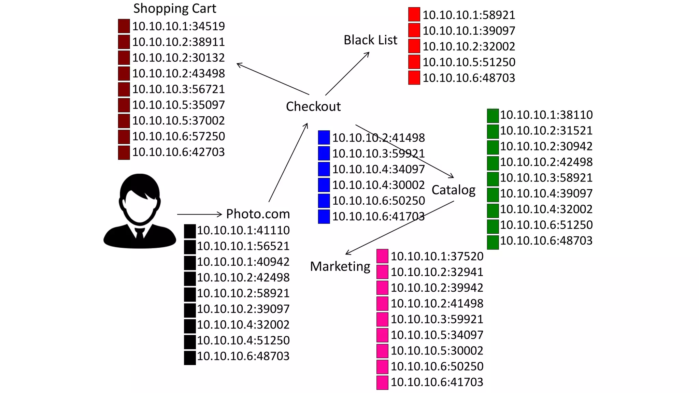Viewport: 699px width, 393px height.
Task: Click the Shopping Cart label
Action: (x=174, y=9)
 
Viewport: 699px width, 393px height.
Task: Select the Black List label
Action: (x=370, y=40)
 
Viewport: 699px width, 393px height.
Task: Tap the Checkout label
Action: (x=313, y=106)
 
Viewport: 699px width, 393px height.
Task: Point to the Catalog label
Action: (x=453, y=190)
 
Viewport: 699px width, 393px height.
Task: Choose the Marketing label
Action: (x=340, y=266)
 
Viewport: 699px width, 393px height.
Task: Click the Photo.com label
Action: (x=258, y=214)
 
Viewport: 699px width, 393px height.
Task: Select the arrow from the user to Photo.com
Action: (x=199, y=214)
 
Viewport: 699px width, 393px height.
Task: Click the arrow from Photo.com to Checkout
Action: (x=288, y=163)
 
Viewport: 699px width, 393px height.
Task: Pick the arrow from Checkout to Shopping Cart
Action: (x=273, y=79)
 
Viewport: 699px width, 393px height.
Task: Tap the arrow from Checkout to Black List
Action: (x=347, y=73)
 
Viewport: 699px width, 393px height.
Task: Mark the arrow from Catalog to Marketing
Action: (x=399, y=228)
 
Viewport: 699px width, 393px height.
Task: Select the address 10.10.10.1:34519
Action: (x=179, y=26)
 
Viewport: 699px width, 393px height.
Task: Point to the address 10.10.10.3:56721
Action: (x=179, y=89)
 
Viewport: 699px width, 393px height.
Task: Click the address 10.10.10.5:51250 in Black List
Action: (x=469, y=62)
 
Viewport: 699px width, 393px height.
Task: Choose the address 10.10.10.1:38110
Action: (x=546, y=115)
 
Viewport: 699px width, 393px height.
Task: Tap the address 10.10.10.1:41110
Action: (x=243, y=231)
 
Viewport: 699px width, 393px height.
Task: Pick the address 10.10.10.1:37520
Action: (x=437, y=256)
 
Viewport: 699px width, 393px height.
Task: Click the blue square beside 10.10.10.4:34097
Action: (x=324, y=169)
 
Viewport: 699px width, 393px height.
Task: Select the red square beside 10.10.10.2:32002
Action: (x=414, y=46)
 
